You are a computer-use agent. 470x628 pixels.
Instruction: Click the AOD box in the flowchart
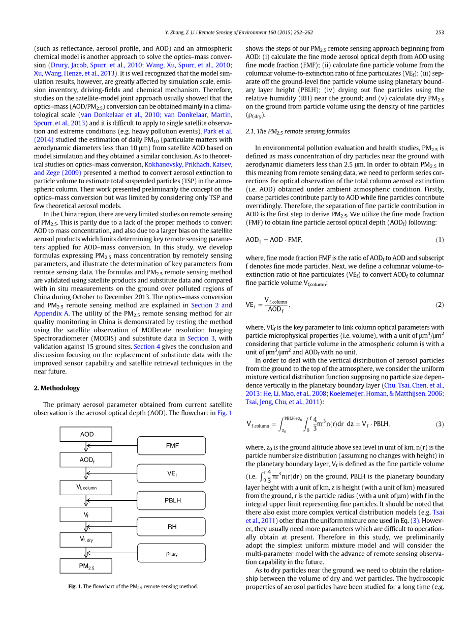(86, 434)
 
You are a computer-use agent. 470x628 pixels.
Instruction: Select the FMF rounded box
(172, 445)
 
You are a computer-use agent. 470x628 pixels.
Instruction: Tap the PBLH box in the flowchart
(172, 500)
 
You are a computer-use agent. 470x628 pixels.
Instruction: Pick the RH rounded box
(172, 527)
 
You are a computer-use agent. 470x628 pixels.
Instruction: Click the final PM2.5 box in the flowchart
(86, 566)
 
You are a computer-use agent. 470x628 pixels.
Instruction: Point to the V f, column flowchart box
(86, 488)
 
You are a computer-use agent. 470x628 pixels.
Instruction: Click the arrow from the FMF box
(112, 446)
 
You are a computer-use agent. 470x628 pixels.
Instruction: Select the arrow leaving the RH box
(112, 527)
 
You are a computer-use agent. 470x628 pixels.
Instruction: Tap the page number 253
(440, 33)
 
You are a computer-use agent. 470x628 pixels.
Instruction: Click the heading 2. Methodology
(56, 388)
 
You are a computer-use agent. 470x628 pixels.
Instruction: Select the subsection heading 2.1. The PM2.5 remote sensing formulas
(298, 131)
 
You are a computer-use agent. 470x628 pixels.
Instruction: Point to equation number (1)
(440, 240)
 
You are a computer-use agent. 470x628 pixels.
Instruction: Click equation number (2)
(440, 305)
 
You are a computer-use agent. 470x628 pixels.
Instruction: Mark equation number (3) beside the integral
(440, 424)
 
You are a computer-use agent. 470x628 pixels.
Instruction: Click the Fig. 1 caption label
(75, 586)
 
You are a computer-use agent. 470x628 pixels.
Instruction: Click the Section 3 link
(198, 338)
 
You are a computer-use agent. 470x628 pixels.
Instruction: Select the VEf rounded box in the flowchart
(172, 473)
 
